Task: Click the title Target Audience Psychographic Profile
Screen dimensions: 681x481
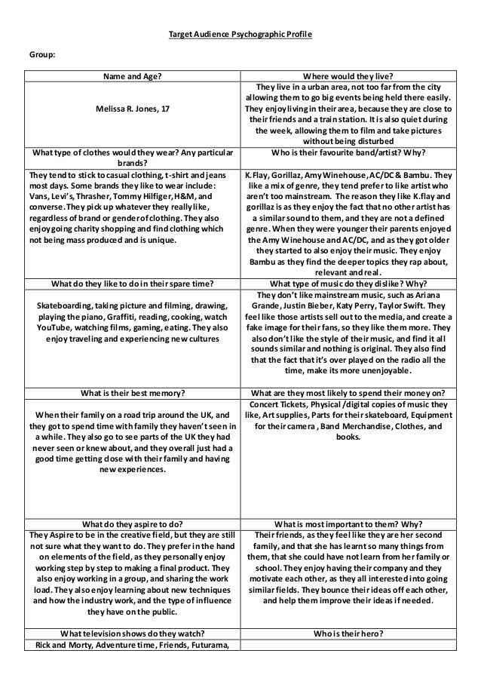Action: coord(239,35)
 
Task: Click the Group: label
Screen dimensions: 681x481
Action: coord(42,55)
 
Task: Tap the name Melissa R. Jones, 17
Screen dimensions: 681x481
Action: coord(132,109)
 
